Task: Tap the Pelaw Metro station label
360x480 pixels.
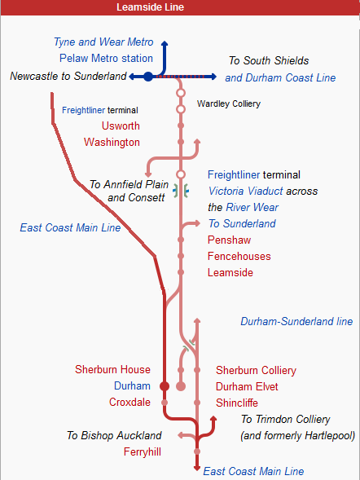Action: (x=106, y=58)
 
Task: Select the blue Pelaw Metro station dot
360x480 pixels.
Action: (x=148, y=77)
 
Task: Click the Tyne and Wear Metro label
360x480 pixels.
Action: (x=103, y=42)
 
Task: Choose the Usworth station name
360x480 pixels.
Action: (x=121, y=126)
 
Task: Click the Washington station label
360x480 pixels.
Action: (x=112, y=142)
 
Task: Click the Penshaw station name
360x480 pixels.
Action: (x=230, y=240)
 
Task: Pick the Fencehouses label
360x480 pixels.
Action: (x=239, y=257)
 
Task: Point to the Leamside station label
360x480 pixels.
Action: (x=232, y=273)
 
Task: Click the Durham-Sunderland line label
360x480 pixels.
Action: (x=296, y=322)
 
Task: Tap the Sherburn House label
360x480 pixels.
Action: (x=113, y=370)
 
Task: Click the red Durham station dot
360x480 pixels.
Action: (x=165, y=386)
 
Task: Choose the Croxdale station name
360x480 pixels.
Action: (x=130, y=402)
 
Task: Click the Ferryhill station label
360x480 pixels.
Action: (x=143, y=451)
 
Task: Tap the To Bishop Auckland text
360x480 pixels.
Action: (x=114, y=435)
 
